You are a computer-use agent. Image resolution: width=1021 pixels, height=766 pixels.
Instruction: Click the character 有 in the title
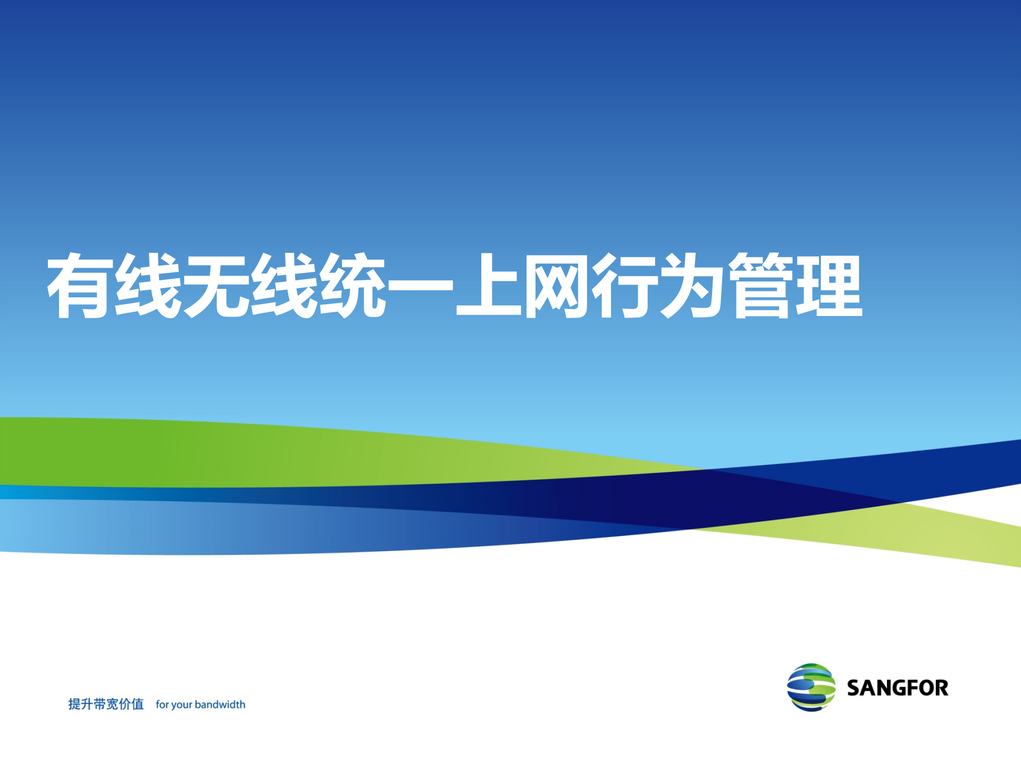81,286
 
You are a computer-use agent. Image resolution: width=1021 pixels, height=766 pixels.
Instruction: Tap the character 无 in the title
217,286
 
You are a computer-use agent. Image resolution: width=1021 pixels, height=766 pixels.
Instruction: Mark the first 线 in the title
149,286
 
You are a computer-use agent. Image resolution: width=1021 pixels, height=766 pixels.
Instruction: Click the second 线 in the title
285,286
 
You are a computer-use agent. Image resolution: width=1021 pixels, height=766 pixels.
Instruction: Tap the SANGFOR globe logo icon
811,687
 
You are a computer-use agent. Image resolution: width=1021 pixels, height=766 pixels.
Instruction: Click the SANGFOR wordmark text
898,688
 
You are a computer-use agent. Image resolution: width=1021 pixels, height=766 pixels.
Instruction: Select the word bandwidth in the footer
220,704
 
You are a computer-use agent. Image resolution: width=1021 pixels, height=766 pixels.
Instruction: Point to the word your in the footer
182,705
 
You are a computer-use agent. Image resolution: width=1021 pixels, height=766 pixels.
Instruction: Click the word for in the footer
162,704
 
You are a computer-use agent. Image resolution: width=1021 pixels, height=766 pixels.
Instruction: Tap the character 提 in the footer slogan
74,704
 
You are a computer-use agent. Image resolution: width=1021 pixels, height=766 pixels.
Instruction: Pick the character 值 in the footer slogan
138,704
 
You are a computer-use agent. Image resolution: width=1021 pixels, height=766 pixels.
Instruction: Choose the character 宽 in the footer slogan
112,704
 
